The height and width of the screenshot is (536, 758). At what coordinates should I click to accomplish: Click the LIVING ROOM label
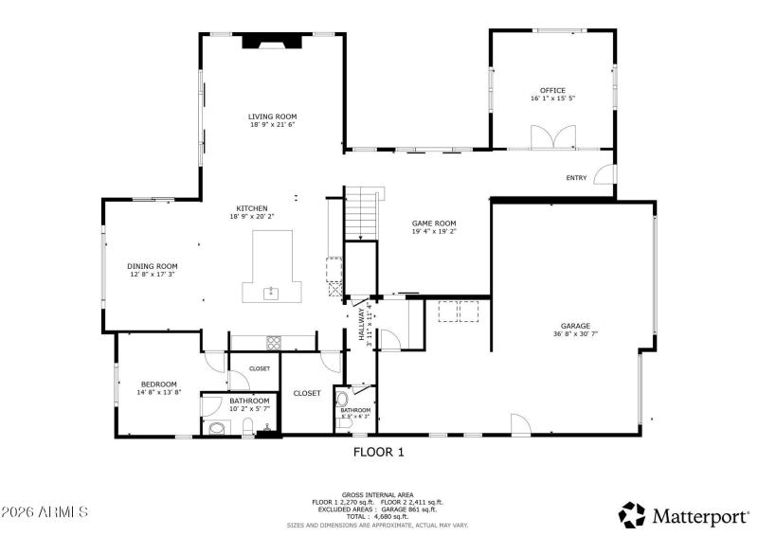pyautogui.click(x=273, y=116)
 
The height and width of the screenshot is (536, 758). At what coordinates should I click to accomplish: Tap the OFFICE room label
pyautogui.click(x=553, y=91)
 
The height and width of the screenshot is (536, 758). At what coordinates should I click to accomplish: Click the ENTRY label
pyautogui.click(x=576, y=178)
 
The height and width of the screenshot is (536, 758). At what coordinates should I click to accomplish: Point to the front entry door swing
pyautogui.click(x=606, y=175)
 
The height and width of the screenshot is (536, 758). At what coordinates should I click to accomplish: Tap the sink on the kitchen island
pyautogui.click(x=271, y=293)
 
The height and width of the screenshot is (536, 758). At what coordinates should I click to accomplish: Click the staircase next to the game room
pyautogui.click(x=361, y=216)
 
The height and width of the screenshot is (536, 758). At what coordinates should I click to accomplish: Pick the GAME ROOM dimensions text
pyautogui.click(x=434, y=231)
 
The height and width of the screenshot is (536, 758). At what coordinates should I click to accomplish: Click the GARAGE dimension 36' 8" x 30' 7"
pyautogui.click(x=575, y=333)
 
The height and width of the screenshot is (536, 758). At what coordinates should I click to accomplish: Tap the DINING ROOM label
pyautogui.click(x=153, y=266)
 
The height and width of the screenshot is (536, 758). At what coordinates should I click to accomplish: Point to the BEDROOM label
pyautogui.click(x=159, y=384)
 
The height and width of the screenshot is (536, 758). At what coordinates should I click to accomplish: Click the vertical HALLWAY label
pyautogui.click(x=362, y=323)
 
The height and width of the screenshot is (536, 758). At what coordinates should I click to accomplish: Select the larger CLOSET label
pyautogui.click(x=306, y=393)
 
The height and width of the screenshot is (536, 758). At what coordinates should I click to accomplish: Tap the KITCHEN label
pyautogui.click(x=252, y=208)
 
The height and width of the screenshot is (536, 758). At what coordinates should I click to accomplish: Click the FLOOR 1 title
pyautogui.click(x=379, y=453)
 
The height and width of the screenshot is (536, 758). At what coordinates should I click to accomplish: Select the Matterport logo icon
pyautogui.click(x=632, y=515)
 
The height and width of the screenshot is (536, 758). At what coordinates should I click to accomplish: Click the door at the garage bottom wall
pyautogui.click(x=520, y=424)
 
